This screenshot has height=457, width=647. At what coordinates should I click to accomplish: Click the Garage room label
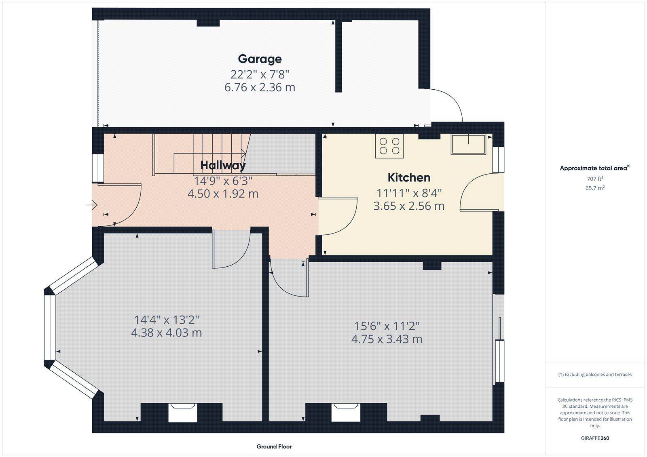pos(260,59)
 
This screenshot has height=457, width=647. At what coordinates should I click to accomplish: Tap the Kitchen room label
pos(409,177)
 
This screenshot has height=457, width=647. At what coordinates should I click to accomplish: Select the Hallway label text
pos(223,165)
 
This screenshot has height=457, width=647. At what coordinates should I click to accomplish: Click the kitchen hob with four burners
pos(389,146)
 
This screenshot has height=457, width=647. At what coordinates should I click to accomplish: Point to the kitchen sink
pos(468,144)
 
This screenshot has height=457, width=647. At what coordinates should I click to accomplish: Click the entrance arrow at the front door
pos(93,205)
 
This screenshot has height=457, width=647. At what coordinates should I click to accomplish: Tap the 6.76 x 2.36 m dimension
pos(260,87)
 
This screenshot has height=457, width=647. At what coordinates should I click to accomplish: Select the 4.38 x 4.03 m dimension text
pos(166,333)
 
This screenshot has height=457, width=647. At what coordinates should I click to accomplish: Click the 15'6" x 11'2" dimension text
pos(387,326)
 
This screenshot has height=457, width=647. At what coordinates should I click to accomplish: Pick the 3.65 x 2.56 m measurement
pos(409,206)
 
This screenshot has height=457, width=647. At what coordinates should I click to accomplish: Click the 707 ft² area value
pos(595,179)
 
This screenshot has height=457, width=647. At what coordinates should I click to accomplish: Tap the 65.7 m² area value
pos(595,188)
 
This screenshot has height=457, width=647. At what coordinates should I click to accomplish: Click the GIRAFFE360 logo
pos(595,438)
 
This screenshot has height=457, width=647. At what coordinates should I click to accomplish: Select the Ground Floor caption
pos(274,446)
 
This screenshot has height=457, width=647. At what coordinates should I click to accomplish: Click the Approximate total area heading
pos(595,168)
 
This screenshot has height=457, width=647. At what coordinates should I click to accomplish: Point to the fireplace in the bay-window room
pos(182,413)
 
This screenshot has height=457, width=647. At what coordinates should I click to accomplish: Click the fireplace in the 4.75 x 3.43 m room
pos(346,413)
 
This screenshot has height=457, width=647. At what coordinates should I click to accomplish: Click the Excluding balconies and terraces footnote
pos(595,375)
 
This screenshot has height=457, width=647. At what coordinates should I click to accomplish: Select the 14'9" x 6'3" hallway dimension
pos(223,181)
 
